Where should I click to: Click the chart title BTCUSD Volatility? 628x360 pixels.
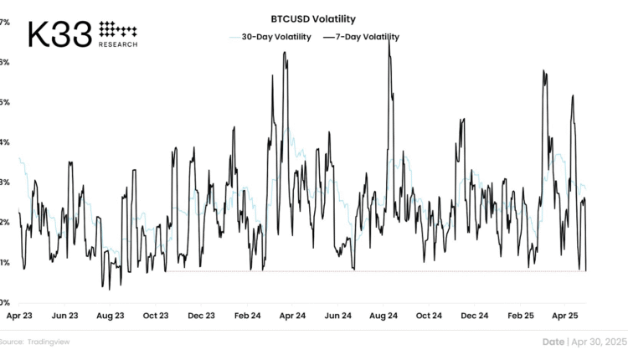pyautogui.click(x=313, y=18)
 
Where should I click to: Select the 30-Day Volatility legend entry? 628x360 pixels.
pyautogui.click(x=270, y=37)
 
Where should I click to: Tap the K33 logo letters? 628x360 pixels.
pyautogui.click(x=60, y=34)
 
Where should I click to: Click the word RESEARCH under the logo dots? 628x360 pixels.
pyautogui.click(x=117, y=44)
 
